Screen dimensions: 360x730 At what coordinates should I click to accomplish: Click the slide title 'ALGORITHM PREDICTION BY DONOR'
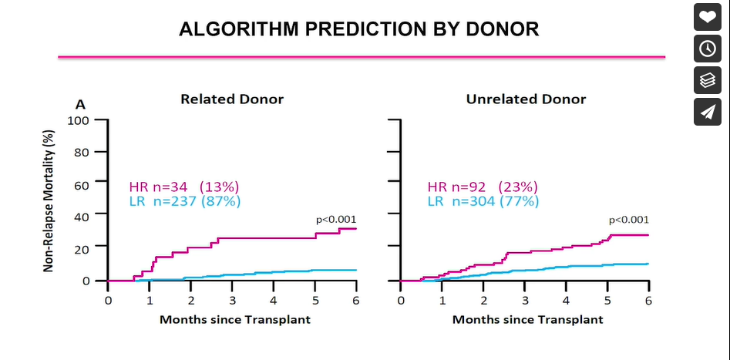(358, 29)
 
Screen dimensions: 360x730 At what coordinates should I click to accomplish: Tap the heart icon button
(707, 16)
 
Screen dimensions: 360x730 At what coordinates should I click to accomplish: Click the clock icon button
(707, 48)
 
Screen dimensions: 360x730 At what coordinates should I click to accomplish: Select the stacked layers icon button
(707, 79)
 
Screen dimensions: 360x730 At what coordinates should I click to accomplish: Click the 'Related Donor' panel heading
(232, 99)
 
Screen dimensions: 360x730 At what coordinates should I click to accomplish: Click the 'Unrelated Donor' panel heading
(526, 99)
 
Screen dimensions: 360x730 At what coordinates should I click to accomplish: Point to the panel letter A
(79, 104)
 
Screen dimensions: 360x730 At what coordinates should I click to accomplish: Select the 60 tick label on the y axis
(82, 184)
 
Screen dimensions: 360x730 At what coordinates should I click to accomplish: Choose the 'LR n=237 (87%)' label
(185, 201)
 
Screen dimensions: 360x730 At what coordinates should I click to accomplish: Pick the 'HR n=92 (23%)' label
(483, 187)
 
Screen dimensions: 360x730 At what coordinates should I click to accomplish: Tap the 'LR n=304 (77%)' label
(483, 201)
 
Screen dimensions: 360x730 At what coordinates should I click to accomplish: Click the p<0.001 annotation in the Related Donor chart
(336, 220)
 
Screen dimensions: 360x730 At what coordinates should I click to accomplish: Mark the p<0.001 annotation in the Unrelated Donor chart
(628, 219)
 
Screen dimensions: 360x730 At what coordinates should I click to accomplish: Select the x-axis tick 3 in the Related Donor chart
(232, 299)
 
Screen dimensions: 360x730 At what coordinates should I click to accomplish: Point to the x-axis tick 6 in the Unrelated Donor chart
(648, 299)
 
